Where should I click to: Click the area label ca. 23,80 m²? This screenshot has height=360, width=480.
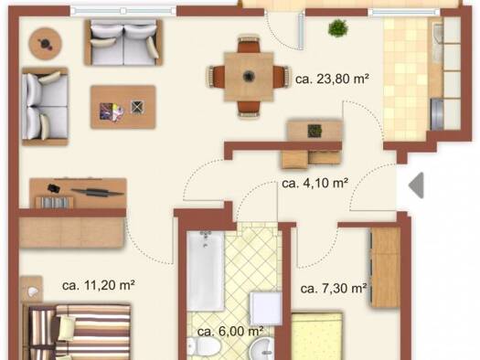pyautogui.click(x=332, y=79)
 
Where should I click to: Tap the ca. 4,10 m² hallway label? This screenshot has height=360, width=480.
pyautogui.click(x=315, y=184)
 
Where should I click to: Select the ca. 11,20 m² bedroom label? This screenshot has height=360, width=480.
pyautogui.click(x=98, y=285)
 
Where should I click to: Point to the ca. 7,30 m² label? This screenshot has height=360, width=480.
pyautogui.click(x=334, y=289)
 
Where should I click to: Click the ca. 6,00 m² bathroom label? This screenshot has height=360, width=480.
pyautogui.click(x=230, y=332)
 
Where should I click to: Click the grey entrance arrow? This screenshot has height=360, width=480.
pyautogui.click(x=416, y=185)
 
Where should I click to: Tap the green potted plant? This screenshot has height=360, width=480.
pyautogui.click(x=338, y=28)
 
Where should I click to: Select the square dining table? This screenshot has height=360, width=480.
pyautogui.click(x=249, y=77)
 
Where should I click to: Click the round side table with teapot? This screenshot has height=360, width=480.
pyautogui.click(x=46, y=44)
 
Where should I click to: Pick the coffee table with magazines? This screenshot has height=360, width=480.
pyautogui.click(x=123, y=107)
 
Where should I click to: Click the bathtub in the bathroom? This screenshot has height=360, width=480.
pyautogui.click(x=206, y=271)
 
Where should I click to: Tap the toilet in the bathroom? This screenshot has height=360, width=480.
pyautogui.click(x=204, y=347)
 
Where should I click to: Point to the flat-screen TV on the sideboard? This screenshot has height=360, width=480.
pyautogui.click(x=98, y=192)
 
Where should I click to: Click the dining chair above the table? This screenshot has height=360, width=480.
pyautogui.click(x=249, y=44)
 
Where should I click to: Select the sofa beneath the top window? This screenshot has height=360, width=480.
pyautogui.click(x=123, y=42)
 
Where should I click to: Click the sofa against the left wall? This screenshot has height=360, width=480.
pyautogui.click(x=45, y=106)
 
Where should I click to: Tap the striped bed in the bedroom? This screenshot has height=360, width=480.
pyautogui.click(x=78, y=332)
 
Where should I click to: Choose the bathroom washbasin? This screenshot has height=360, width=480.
pyautogui.click(x=263, y=349)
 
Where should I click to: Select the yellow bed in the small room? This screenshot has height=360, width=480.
pyautogui.click(x=316, y=336)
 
